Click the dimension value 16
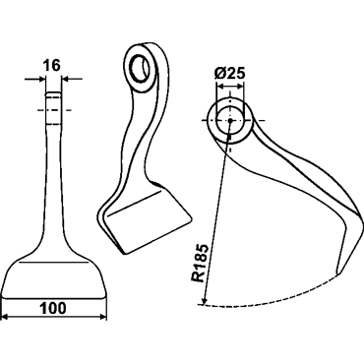coord(52,66)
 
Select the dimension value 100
coord(53,308)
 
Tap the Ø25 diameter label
coord(230,74)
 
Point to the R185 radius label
coord(201,264)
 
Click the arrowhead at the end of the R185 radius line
coord(205,300)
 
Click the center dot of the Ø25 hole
coord(230,120)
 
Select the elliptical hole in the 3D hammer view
coord(140,68)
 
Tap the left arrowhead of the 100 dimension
coord(5,318)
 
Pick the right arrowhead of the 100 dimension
coord(103,318)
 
